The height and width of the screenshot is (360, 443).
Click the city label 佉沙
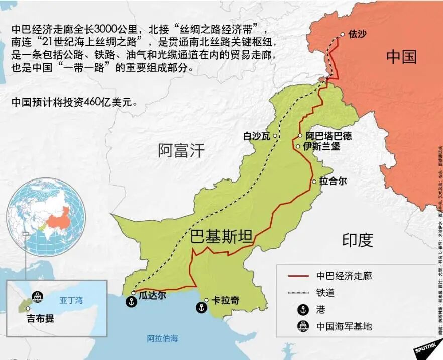pyautogui.click(x=357, y=35)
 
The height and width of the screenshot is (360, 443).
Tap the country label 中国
pyautogui.click(x=401, y=56)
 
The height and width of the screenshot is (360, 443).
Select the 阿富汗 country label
pyautogui.click(x=181, y=150)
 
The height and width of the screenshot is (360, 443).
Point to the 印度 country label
pyautogui.click(x=358, y=240)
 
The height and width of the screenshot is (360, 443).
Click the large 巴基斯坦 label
pyautogui.click(x=222, y=236)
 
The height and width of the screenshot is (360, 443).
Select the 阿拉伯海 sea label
pyautogui.click(x=162, y=338)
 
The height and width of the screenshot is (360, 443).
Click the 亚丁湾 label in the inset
pyautogui.click(x=71, y=301)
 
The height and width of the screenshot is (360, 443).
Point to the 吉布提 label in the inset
pyautogui.click(x=41, y=318)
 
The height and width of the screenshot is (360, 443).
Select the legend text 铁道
pyautogui.click(x=325, y=292)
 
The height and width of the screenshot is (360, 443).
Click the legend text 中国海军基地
pyautogui.click(x=344, y=326)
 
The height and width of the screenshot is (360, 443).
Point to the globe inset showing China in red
pyautogui.click(x=49, y=217)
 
